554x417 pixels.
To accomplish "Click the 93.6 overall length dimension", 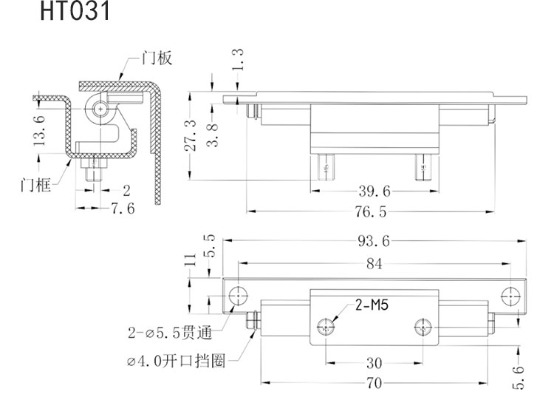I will [x=375, y=240].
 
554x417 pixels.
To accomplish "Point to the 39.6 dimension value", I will [x=374, y=191].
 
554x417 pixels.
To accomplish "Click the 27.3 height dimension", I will [x=190, y=135].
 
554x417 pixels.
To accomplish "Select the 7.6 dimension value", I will [x=122, y=209].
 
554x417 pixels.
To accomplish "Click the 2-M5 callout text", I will [x=372, y=304].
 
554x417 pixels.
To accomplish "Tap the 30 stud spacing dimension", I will [x=375, y=362].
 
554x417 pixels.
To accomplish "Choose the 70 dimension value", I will [x=375, y=383].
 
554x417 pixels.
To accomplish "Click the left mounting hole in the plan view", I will [x=238, y=295].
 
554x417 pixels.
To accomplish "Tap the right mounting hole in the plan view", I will [x=510, y=296].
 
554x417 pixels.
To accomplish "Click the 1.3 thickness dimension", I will [x=237, y=60].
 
